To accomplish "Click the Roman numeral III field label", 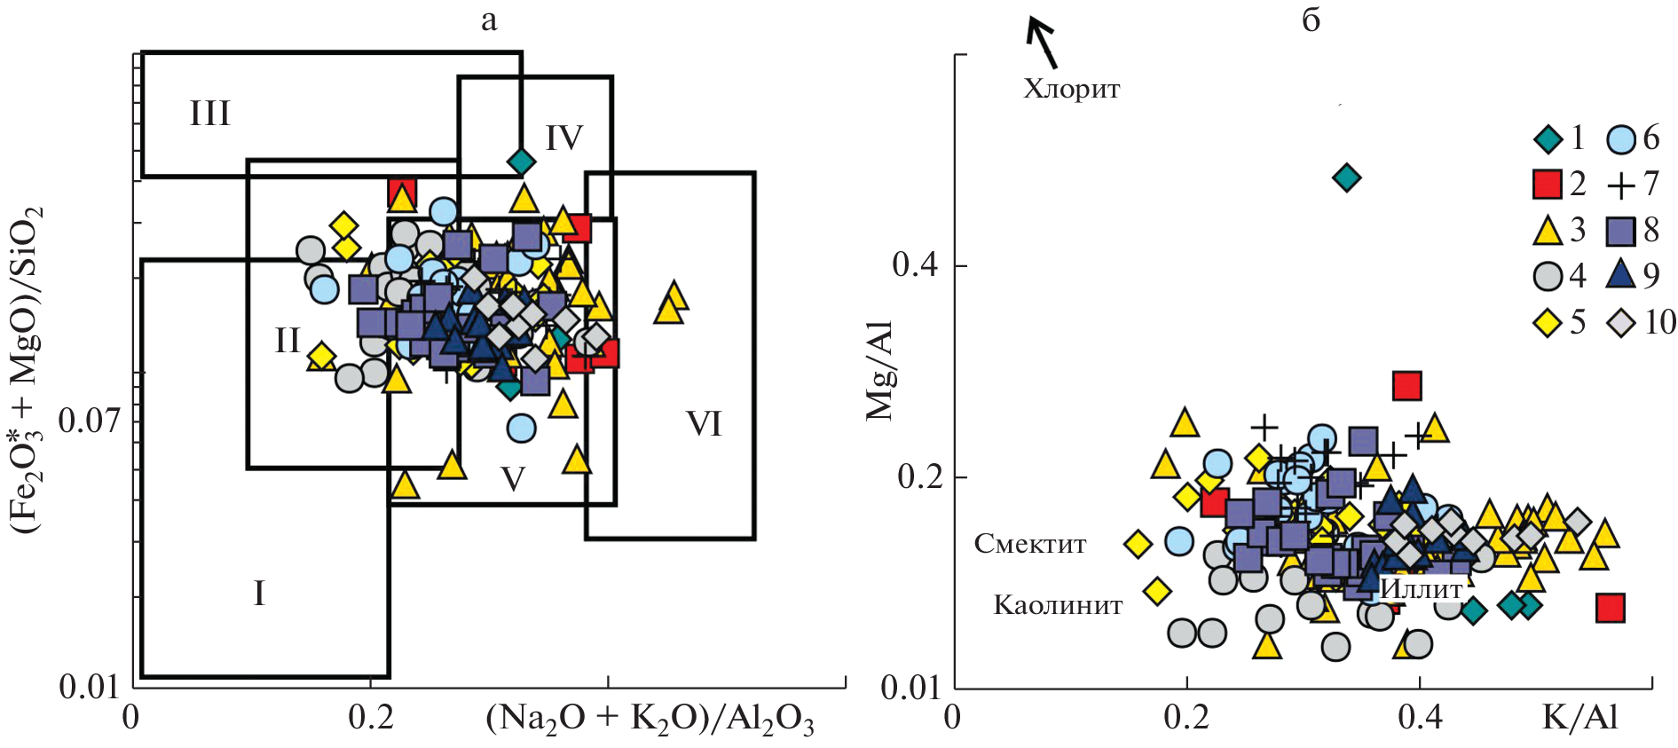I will [210, 114].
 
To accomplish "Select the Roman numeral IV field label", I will [564, 138].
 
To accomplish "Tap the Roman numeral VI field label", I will [705, 424].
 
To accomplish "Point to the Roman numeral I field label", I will [259, 593].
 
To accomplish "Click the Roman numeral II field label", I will [288, 341].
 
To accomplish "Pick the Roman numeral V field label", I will [513, 479].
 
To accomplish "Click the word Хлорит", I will [1072, 89].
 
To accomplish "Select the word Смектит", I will [1030, 543].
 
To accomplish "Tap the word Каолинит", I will [1058, 605].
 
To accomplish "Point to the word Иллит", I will [1422, 589].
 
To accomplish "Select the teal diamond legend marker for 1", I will [1548, 138].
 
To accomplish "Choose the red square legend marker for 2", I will [1548, 184].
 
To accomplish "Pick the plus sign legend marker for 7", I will [1620, 185].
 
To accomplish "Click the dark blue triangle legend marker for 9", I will [1621, 274].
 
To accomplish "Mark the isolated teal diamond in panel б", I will [1347, 177].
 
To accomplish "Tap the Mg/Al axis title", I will [879, 371].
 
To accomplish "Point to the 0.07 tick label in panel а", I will [89, 420].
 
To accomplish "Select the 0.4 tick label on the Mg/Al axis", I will [916, 264].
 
